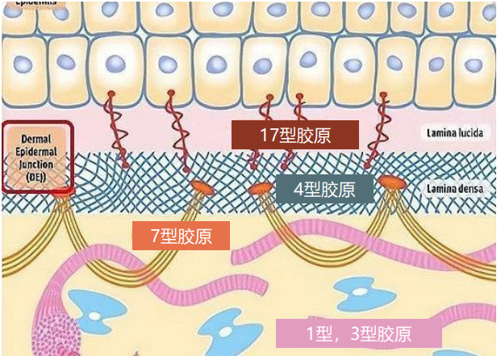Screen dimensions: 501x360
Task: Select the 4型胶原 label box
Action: pos(324,190)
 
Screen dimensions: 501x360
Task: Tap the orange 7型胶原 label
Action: pos(182,237)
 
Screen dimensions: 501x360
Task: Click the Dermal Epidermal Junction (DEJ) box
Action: pos(39,157)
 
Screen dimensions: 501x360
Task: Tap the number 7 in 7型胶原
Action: pos(157,237)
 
